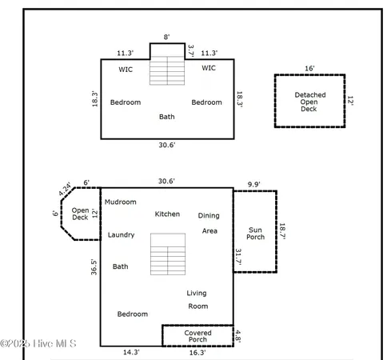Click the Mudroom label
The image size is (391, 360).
click(x=120, y=202)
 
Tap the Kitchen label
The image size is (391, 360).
click(x=167, y=214)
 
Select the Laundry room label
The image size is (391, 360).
click(x=121, y=235)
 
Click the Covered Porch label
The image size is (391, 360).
click(x=197, y=336)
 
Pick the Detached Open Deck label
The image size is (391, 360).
click(x=310, y=102)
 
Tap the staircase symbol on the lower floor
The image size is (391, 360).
click(x=168, y=259)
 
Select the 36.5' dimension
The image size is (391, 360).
click(x=94, y=267)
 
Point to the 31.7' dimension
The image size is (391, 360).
click(x=238, y=258)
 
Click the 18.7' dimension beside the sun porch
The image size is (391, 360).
click(x=281, y=232)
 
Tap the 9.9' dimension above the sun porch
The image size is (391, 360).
click(x=254, y=183)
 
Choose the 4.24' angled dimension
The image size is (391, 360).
click(x=65, y=190)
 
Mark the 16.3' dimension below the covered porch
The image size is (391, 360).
click(x=197, y=352)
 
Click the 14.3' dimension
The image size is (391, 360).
click(x=131, y=352)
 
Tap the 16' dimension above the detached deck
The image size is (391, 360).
click(x=309, y=69)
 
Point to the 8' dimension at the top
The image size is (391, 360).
click(x=167, y=37)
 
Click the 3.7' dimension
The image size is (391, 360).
click(x=190, y=50)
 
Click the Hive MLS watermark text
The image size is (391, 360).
click(x=38, y=344)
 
